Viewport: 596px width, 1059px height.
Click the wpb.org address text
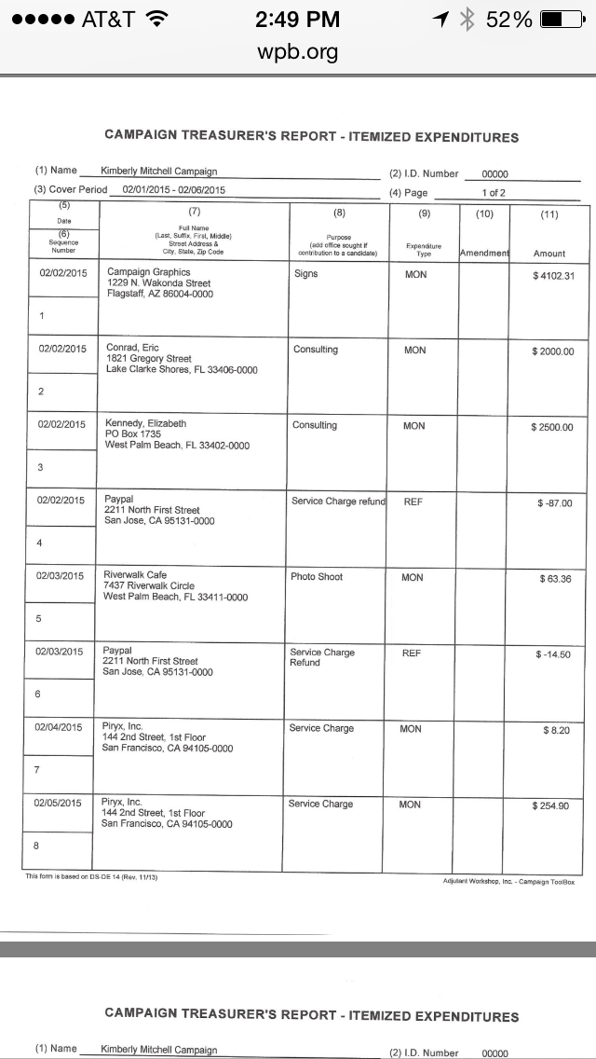(297, 51)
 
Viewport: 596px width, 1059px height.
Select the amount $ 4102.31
(554, 276)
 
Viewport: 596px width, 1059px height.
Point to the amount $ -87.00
(555, 503)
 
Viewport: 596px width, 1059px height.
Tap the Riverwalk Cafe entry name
(135, 575)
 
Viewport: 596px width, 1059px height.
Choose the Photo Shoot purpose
(317, 577)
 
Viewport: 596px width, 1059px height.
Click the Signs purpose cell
(306, 274)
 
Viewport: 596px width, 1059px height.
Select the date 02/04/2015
(60, 727)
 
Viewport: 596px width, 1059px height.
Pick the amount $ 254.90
(550, 805)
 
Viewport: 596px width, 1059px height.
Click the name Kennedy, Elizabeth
(146, 423)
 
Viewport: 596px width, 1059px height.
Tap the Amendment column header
(484, 253)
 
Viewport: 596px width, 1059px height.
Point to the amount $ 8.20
(557, 730)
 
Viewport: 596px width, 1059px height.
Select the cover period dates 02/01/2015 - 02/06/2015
(173, 190)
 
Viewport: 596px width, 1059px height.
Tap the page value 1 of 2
(494, 193)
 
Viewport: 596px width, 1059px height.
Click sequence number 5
(39, 618)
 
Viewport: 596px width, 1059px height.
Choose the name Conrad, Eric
(133, 348)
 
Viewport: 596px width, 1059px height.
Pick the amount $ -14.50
(553, 654)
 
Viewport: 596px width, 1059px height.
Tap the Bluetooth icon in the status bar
(468, 20)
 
